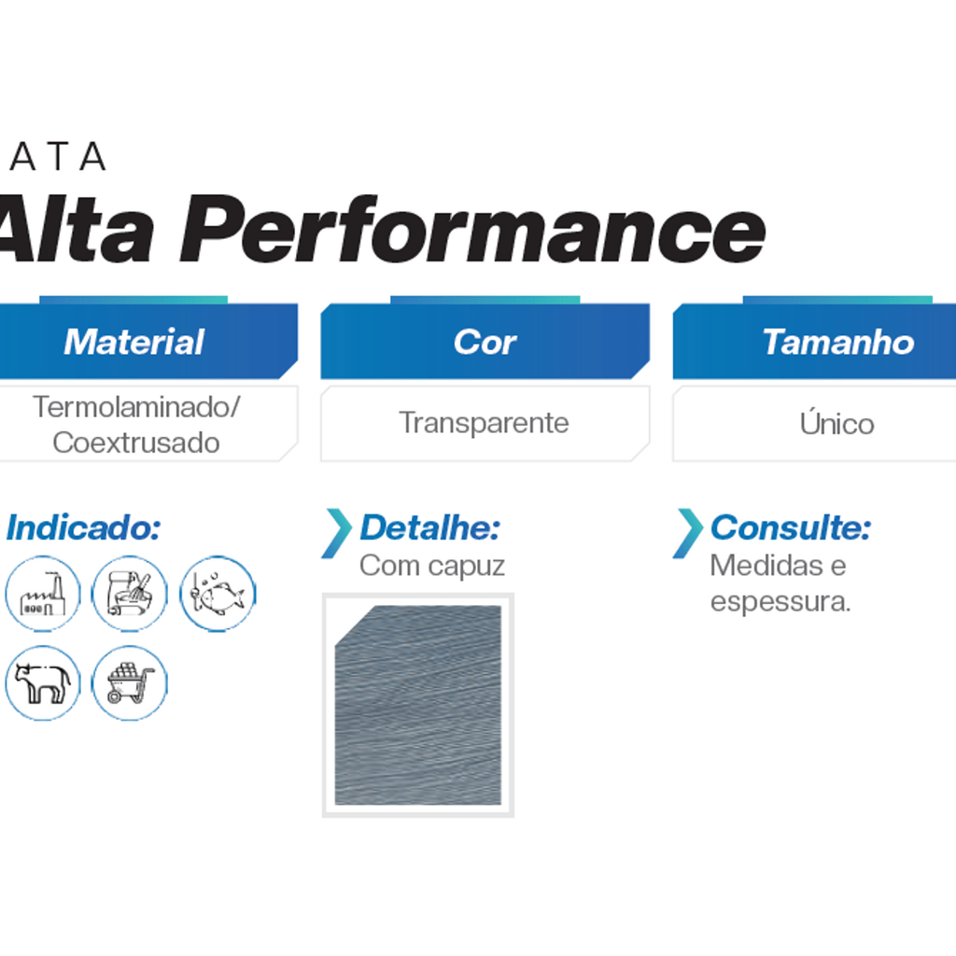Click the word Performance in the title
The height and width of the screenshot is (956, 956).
(472, 230)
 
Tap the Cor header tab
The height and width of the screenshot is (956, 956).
(485, 341)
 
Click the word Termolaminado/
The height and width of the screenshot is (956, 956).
(136, 407)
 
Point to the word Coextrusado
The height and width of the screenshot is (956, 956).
(136, 443)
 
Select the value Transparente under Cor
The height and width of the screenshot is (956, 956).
(484, 423)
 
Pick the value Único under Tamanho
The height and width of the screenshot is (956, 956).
(836, 423)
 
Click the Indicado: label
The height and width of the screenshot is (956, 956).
(83, 527)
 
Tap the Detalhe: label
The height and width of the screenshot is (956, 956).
(429, 527)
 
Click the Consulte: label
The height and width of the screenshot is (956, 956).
(791, 527)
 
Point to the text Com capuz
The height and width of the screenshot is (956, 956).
(431, 566)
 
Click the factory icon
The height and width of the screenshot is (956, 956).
(43, 593)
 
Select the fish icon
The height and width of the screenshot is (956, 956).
(218, 593)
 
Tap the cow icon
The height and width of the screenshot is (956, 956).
(43, 682)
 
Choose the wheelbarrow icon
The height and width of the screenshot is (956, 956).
(129, 682)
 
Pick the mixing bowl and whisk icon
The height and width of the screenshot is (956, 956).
(129, 593)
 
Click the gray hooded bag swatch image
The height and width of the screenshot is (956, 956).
(418, 705)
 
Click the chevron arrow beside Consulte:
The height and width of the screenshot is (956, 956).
(688, 533)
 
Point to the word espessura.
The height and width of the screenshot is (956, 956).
(780, 602)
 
